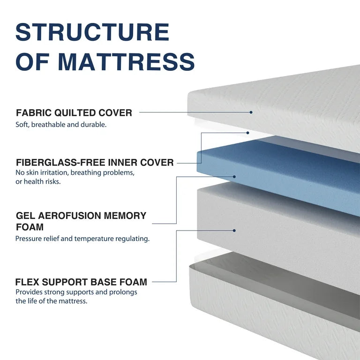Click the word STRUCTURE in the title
click(92, 32)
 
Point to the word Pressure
click(27, 239)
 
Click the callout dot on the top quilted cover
click(251, 112)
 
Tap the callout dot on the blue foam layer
click(234, 177)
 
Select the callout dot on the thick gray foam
click(234, 230)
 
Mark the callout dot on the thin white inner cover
click(248, 133)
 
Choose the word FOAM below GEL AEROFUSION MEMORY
click(30, 227)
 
